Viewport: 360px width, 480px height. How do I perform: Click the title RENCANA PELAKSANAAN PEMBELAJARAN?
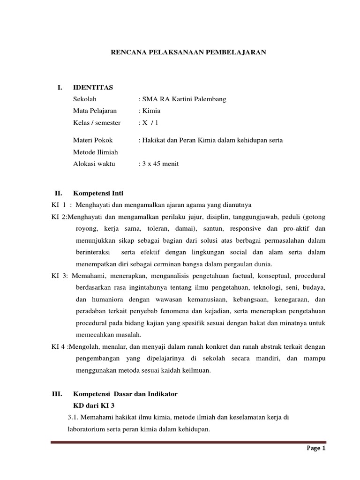[188, 53]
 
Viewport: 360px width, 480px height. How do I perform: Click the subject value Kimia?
[152, 111]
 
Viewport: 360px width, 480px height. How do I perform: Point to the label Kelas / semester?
[97, 123]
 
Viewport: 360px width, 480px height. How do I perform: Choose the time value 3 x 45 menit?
[160, 164]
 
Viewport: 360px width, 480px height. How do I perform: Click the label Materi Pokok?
[93, 140]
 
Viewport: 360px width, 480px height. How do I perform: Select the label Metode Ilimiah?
[95, 152]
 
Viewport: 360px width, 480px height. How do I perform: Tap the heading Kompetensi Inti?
[98, 193]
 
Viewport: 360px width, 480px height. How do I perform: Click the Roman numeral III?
[57, 394]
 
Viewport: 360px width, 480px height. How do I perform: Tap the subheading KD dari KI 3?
[94, 405]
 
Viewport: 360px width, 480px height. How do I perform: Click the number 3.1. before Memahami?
[76, 418]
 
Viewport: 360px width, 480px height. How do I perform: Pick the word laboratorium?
[89, 429]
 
